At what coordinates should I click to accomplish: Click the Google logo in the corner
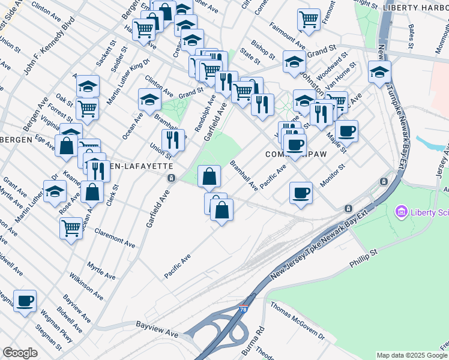point(20,353)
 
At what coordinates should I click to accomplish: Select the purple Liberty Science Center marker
point(400,212)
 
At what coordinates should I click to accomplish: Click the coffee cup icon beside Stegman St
point(25,301)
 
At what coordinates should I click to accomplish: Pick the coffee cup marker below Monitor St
point(301,193)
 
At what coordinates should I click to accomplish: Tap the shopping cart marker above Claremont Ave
point(71,228)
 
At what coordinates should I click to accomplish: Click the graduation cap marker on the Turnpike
point(379,72)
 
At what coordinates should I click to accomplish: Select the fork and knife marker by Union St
point(173,140)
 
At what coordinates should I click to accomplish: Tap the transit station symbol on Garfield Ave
point(172,178)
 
